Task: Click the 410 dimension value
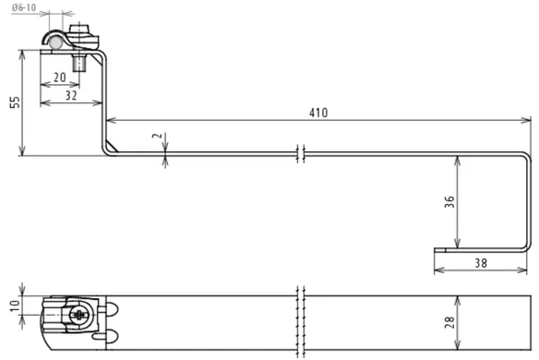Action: (318, 113)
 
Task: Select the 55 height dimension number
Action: (15, 102)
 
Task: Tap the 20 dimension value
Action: (60, 78)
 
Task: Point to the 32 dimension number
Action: (71, 95)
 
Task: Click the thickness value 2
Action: (157, 136)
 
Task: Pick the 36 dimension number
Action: (449, 202)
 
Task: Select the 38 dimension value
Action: (481, 263)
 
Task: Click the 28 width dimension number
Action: (449, 322)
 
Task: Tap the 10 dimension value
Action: (15, 306)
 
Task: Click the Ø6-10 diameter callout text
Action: (24, 7)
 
